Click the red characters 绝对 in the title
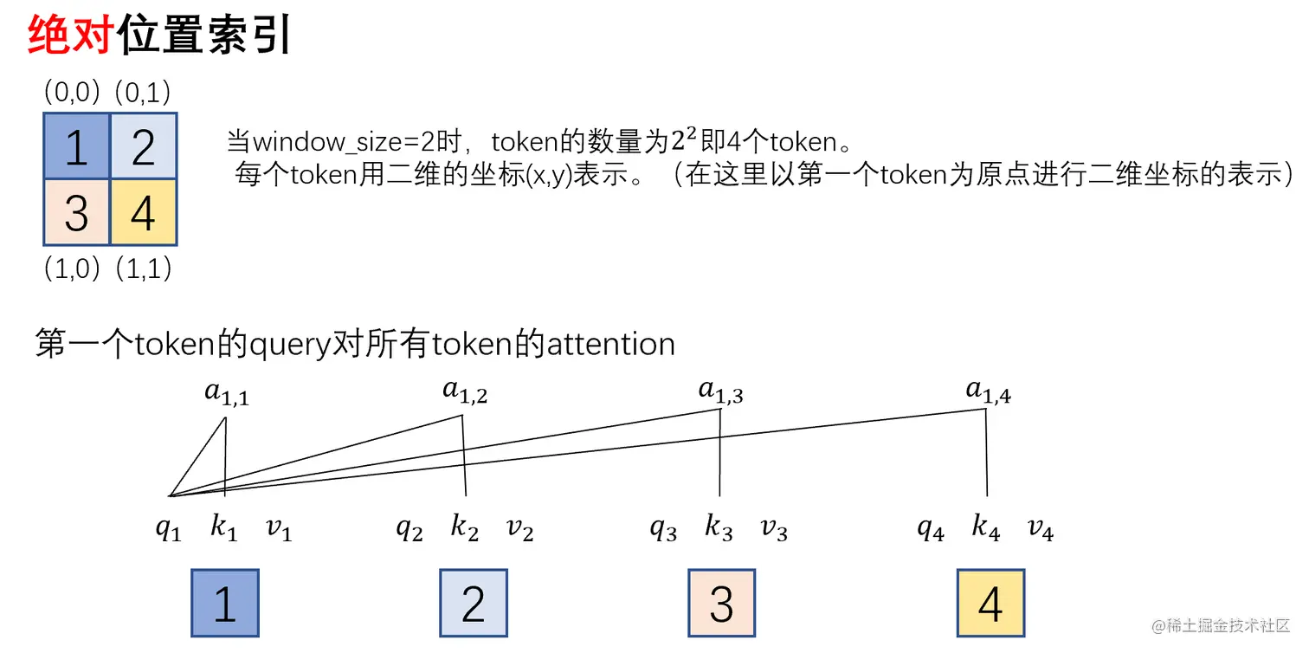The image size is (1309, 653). click(71, 36)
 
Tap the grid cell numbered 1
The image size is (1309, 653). click(77, 146)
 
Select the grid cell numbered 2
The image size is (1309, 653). click(144, 146)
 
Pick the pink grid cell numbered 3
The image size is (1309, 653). click(77, 213)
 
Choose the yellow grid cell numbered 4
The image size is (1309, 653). click(144, 213)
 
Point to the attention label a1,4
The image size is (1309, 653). click(988, 393)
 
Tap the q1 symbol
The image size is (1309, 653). click(169, 528)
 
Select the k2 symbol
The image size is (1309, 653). click(465, 527)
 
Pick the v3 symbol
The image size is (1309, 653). click(774, 528)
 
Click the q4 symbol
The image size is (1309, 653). click(931, 528)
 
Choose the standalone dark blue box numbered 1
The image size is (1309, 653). click(225, 604)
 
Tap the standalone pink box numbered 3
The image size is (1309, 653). click(722, 604)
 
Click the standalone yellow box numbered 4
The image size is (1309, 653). click(990, 604)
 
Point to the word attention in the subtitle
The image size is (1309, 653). click(609, 345)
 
